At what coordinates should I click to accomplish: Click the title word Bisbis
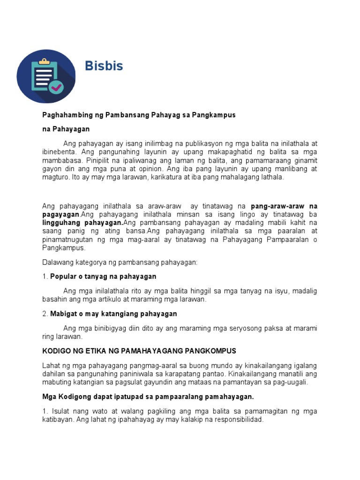tap(104, 66)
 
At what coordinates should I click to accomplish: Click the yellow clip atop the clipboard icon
tap(44, 61)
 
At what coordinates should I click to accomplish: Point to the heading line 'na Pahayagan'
tap(66, 129)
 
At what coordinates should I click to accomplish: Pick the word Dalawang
tap(57, 262)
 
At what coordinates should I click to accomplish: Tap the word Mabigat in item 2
tap(64, 314)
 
